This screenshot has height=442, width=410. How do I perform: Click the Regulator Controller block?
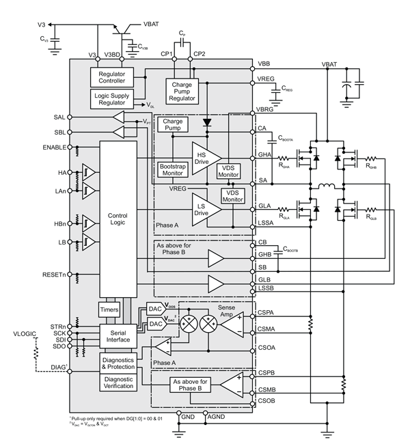coord(111,77)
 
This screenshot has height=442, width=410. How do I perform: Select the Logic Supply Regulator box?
coord(111,99)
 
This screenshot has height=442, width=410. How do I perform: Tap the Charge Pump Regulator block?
coord(183,92)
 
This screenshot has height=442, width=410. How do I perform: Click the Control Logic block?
coord(118,219)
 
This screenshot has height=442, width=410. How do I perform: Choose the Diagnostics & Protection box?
coord(118,362)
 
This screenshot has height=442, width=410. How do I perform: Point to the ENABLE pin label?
coord(53,147)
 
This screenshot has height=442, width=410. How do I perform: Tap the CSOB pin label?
coord(267,402)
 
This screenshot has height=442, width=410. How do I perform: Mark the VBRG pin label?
coord(266,109)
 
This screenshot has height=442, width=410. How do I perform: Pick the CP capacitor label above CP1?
coord(182,33)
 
